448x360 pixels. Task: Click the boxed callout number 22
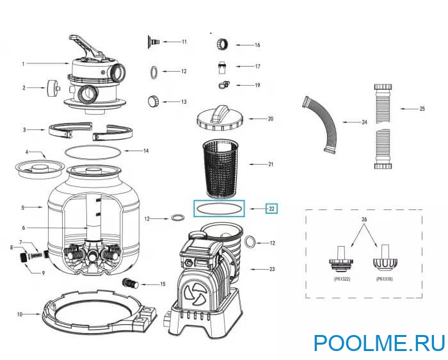pyautogui.click(x=272, y=208)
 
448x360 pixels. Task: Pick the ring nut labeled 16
pyautogui.click(x=222, y=44)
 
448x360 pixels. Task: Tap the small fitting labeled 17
pyautogui.click(x=221, y=66)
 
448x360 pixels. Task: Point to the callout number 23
pyautogui.click(x=271, y=269)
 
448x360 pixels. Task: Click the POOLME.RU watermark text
pyautogui.click(x=379, y=343)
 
